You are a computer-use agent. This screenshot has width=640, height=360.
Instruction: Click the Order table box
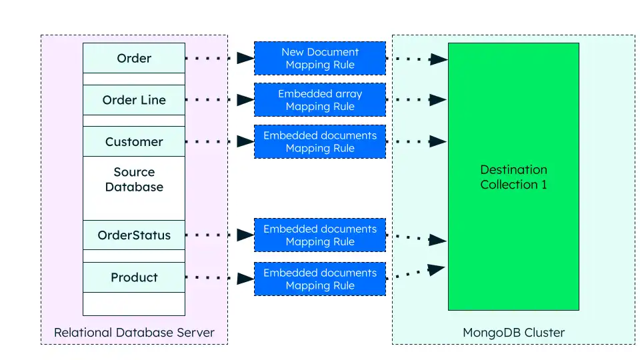[134, 59]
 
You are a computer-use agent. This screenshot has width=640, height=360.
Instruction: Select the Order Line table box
[134, 100]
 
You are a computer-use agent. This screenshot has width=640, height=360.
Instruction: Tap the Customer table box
[134, 141]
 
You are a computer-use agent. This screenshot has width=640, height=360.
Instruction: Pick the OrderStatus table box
[134, 235]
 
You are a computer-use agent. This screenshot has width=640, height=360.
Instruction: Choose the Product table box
[134, 277]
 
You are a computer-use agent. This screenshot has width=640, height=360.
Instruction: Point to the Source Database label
[134, 180]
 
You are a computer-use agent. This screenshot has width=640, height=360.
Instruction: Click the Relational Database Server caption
[134, 332]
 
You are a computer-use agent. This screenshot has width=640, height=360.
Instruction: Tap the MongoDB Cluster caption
[513, 332]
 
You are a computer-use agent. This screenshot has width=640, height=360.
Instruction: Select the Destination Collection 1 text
[513, 177]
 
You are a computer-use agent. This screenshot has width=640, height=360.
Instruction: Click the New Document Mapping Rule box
[320, 59]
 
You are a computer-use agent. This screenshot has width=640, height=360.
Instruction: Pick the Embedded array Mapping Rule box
[320, 100]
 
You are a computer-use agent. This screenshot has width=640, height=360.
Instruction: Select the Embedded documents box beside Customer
[320, 141]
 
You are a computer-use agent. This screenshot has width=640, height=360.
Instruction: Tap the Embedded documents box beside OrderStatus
[320, 235]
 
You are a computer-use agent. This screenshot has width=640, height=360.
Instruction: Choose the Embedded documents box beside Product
[320, 279]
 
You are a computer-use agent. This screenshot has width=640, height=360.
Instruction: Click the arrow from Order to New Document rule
[219, 59]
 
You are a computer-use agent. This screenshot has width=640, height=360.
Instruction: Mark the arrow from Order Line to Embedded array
[219, 100]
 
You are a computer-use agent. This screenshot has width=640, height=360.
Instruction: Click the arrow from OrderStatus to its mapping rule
[219, 235]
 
